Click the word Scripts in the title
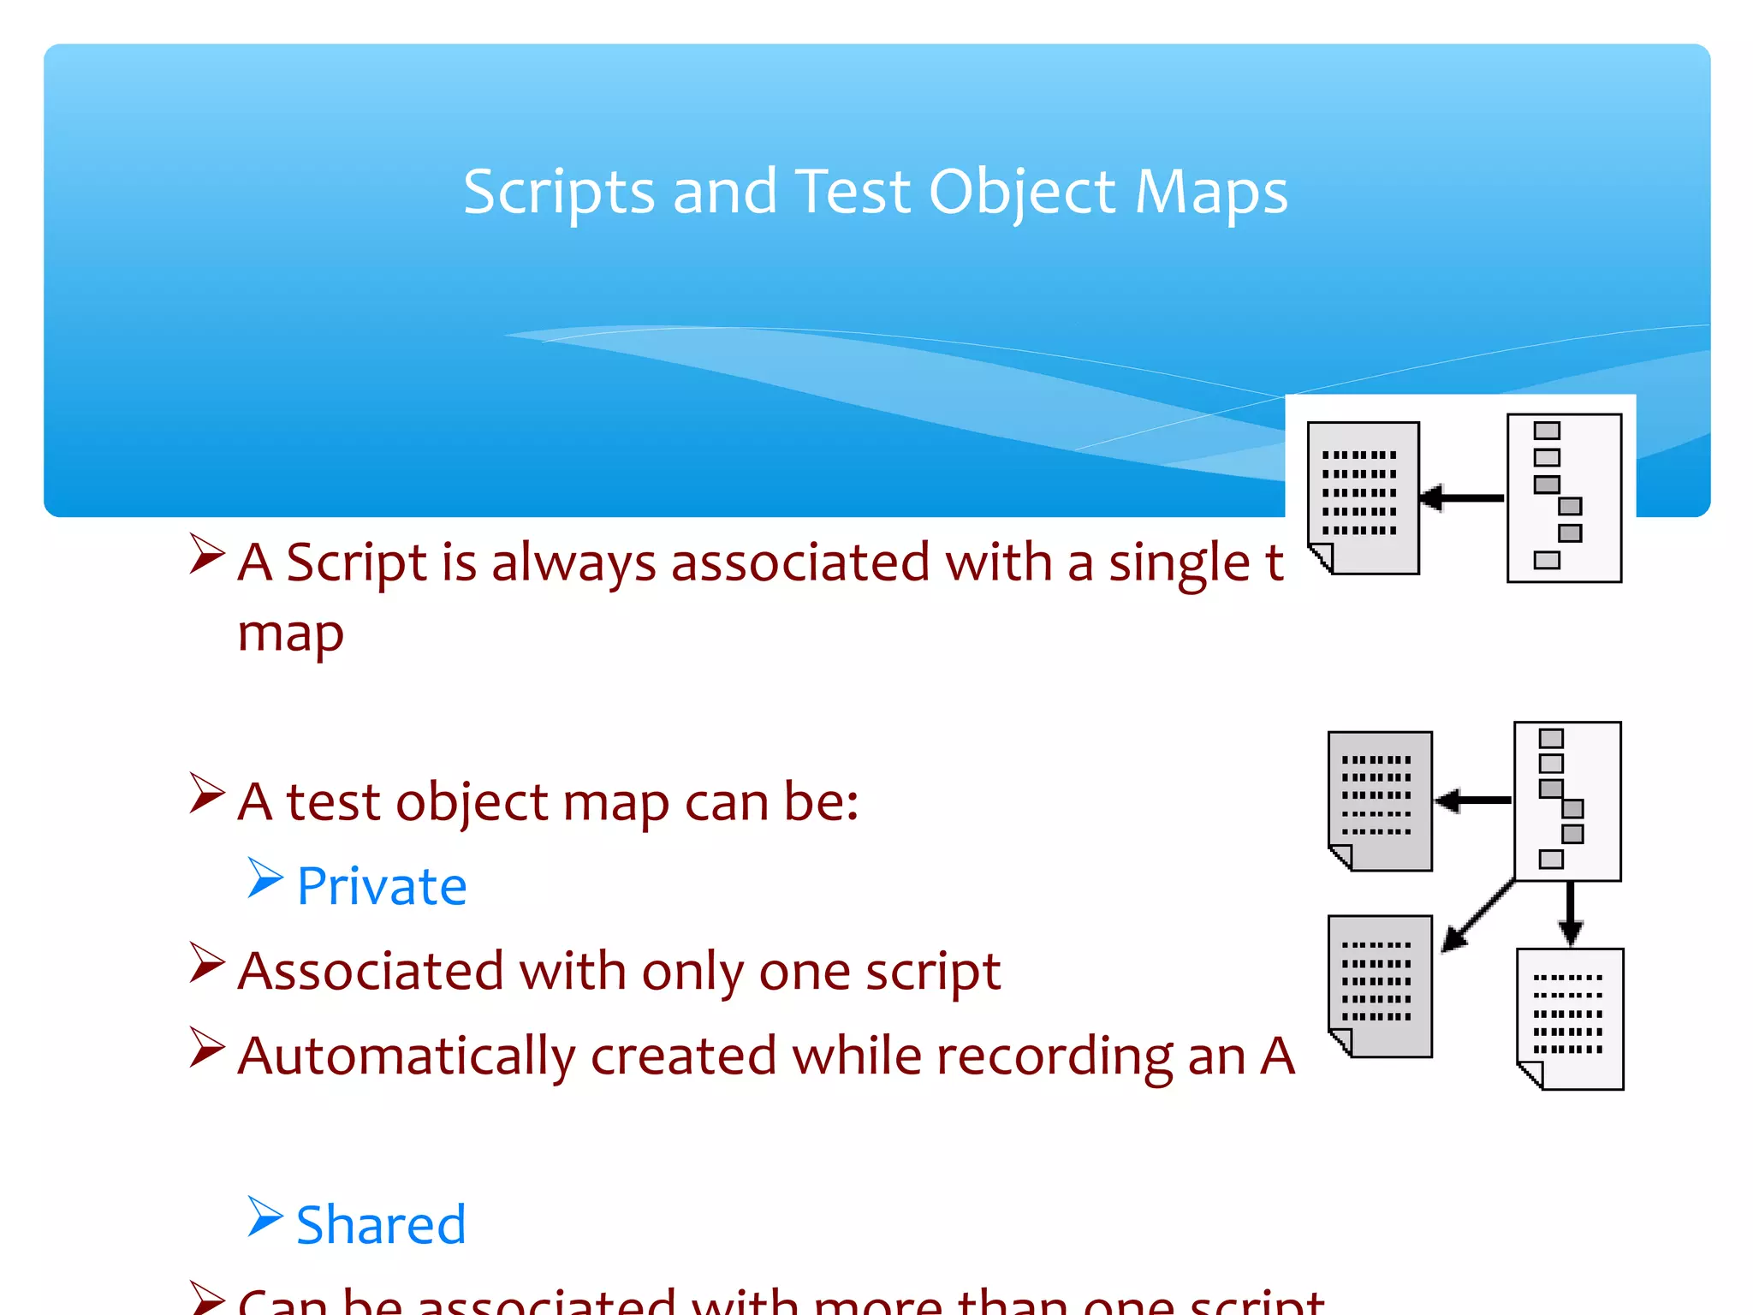tap(559, 192)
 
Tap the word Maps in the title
tap(1210, 192)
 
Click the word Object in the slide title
tap(1024, 192)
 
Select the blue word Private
tap(382, 886)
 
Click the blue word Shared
tap(381, 1224)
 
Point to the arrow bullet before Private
tap(265, 878)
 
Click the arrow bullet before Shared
tap(265, 1217)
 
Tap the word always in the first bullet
tap(573, 563)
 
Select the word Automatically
tap(407, 1056)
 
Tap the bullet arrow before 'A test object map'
tap(207, 794)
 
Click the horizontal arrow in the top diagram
tap(1462, 497)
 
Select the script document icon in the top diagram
tap(1364, 497)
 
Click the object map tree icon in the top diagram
tap(1564, 497)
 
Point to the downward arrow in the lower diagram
tap(1570, 913)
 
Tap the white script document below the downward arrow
tap(1570, 1019)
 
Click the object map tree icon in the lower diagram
tap(1567, 801)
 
